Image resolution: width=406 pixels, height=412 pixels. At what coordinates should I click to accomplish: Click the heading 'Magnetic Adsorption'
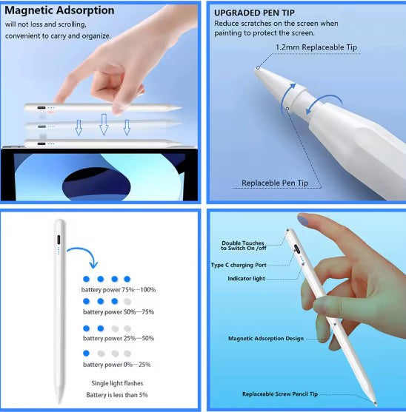click(59, 10)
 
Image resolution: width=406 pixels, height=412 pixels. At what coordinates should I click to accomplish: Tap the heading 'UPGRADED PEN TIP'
click(254, 13)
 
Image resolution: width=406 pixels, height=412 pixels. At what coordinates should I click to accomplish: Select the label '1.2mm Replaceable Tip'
click(316, 47)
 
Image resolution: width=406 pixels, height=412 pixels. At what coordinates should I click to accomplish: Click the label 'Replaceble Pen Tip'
click(275, 183)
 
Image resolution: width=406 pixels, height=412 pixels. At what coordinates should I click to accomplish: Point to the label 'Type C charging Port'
click(239, 265)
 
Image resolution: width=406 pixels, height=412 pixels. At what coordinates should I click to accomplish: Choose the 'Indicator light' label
click(246, 279)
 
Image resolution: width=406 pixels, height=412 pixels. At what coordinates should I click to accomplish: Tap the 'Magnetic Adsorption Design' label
click(266, 339)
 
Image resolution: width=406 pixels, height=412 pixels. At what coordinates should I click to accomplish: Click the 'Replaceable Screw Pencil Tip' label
click(280, 394)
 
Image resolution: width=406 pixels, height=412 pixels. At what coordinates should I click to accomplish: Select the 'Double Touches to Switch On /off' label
click(244, 246)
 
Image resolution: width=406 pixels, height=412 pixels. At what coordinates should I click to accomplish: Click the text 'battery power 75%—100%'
click(119, 289)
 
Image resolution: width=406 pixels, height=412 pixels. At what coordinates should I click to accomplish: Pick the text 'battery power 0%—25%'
click(117, 365)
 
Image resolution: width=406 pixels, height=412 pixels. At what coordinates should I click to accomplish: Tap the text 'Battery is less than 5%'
click(117, 395)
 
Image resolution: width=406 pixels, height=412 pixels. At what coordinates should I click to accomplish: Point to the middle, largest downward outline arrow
click(104, 124)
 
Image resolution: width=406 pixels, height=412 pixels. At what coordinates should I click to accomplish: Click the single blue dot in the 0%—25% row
click(86, 354)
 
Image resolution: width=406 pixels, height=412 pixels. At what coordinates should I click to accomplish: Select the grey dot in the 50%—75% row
click(127, 301)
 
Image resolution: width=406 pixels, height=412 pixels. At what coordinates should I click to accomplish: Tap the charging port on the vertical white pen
click(59, 240)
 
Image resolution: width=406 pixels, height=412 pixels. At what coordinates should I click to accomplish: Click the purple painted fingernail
click(303, 220)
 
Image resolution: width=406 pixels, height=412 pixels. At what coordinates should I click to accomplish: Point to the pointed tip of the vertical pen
click(59, 403)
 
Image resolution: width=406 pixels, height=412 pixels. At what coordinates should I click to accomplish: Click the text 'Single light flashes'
click(117, 383)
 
